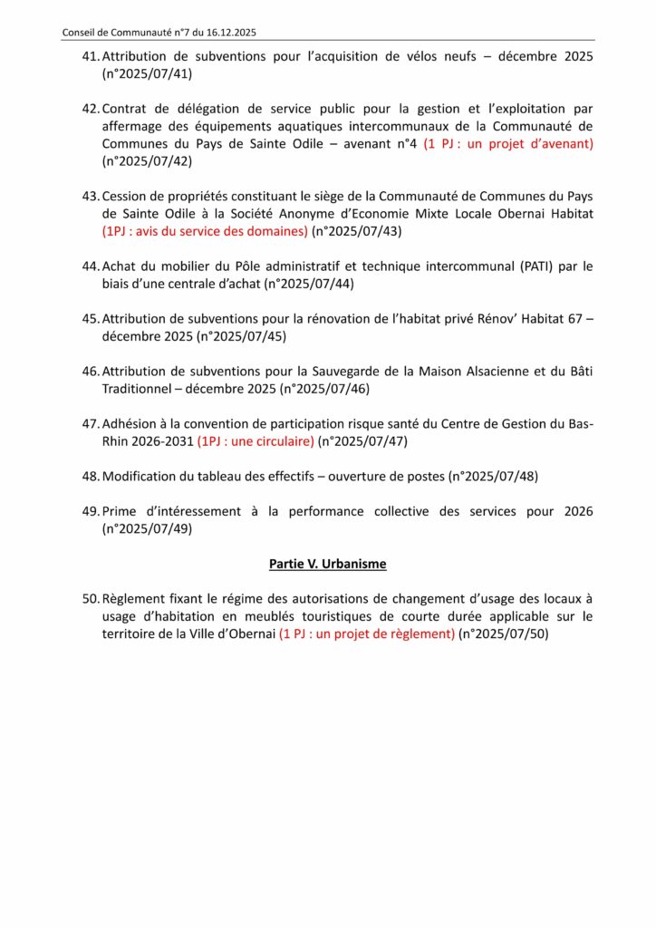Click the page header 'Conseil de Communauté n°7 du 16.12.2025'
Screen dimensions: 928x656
click(159, 33)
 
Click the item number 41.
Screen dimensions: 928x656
click(90, 56)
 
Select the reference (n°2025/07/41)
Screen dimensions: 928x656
click(147, 73)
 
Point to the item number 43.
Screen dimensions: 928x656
click(90, 196)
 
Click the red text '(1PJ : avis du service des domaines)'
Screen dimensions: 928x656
click(205, 231)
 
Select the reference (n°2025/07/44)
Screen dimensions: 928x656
click(309, 284)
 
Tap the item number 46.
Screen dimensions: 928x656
click(90, 372)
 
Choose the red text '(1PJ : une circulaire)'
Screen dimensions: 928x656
click(256, 441)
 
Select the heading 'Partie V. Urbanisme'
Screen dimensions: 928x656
click(328, 564)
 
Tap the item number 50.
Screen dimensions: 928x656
click(90, 599)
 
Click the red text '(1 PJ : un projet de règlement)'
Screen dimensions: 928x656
click(367, 634)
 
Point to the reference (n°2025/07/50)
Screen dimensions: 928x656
click(504, 634)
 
